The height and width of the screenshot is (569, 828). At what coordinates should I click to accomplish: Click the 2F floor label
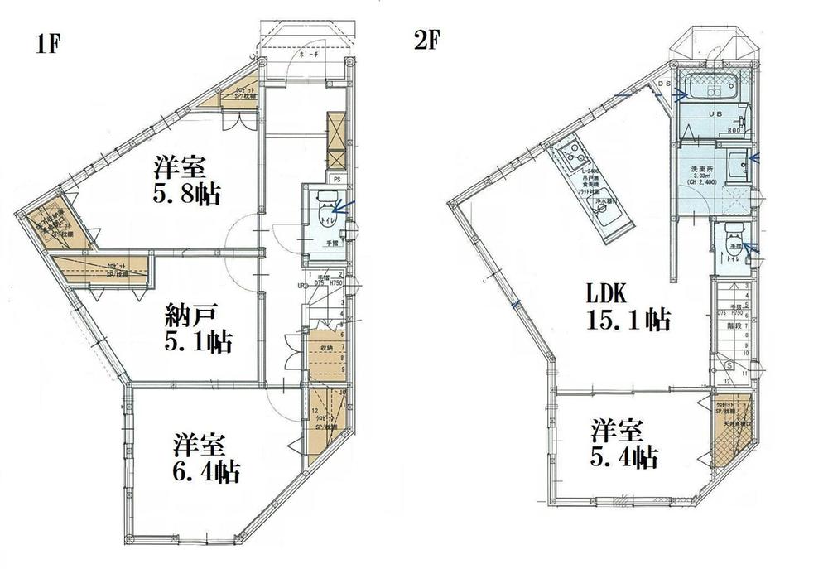[x=428, y=41]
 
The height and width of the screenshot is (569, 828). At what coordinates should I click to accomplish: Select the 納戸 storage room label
[x=190, y=315]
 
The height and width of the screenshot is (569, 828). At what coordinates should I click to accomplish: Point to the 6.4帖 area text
[x=207, y=472]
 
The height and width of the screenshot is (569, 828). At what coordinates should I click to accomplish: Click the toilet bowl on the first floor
[x=325, y=208]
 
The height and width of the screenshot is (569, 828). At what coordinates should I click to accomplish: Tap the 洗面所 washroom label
[x=702, y=171]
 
